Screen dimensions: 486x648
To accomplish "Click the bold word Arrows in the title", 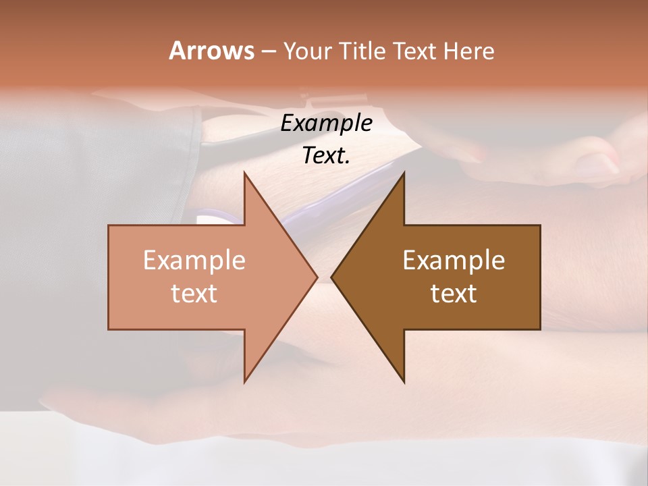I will pyautogui.click(x=211, y=51).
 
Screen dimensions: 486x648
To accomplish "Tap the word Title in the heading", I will pyautogui.click(x=363, y=51).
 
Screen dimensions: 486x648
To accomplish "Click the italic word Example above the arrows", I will pyautogui.click(x=327, y=124).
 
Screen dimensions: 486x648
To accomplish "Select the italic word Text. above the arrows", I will pyautogui.click(x=327, y=156).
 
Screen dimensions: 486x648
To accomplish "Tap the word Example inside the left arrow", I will pyautogui.click(x=194, y=261).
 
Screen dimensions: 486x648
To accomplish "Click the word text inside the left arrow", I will pyautogui.click(x=194, y=293).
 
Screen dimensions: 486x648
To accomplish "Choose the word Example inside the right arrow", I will pyautogui.click(x=454, y=261).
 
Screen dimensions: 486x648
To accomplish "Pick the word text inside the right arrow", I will pyautogui.click(x=454, y=293).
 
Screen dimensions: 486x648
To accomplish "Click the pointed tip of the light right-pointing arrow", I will pyautogui.click(x=317, y=277).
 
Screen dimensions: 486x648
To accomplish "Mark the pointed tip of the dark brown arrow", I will pyautogui.click(x=332, y=277).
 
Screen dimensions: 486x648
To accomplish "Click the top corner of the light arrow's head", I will pyautogui.click(x=245, y=173).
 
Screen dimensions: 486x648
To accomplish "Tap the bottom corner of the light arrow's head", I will pyautogui.click(x=245, y=381).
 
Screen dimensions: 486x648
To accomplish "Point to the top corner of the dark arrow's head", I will pyautogui.click(x=404, y=173).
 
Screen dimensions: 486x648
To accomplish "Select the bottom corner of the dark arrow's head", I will pyautogui.click(x=404, y=381).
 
